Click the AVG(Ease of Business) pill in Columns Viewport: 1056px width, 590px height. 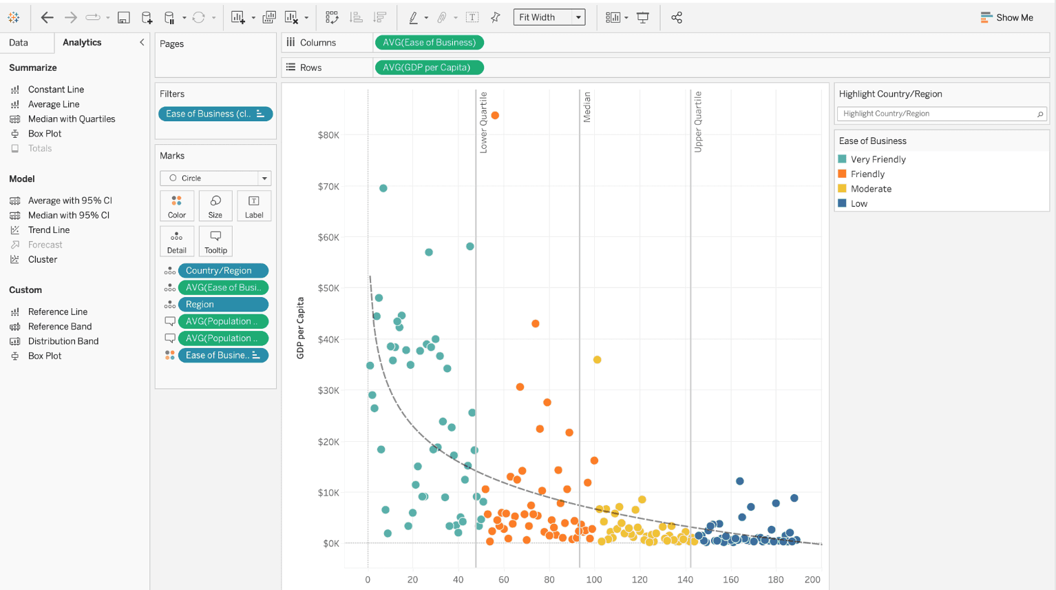coord(429,43)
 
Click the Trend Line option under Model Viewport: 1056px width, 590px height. coord(49,230)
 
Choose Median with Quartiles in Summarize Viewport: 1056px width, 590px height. coord(71,119)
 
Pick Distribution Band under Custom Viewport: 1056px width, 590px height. coord(63,341)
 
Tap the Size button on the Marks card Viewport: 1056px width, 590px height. coord(215,206)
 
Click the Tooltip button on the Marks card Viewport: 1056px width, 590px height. coord(215,241)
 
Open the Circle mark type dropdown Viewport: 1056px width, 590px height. coord(215,178)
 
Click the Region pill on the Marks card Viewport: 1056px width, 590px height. coord(223,305)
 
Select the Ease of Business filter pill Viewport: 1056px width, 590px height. coord(215,114)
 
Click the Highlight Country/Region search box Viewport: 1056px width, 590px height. coord(941,114)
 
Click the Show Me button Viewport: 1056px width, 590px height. coord(1006,17)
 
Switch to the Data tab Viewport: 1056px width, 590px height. coord(19,43)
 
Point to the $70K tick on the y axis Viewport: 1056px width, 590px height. coord(328,186)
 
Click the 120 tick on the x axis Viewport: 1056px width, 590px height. coord(640,580)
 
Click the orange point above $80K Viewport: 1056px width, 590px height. coord(495,116)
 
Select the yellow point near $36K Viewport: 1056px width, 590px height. coord(598,360)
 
